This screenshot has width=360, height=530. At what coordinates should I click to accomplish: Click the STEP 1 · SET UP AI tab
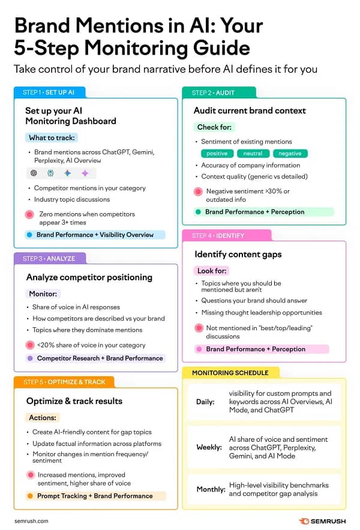tap(49, 92)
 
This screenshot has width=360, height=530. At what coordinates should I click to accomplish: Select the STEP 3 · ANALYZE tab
tap(49, 259)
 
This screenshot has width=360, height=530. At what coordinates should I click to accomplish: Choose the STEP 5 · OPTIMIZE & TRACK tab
tap(64, 382)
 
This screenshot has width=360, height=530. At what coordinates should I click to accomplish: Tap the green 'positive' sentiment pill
tap(217, 154)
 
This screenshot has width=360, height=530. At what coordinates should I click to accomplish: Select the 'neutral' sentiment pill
tap(253, 154)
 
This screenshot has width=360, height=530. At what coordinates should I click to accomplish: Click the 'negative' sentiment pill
tap(290, 154)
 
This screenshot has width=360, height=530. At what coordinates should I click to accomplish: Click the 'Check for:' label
tap(214, 127)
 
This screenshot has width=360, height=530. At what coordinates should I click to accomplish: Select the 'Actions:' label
tap(43, 418)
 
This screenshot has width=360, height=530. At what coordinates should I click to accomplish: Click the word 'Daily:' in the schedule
tap(205, 402)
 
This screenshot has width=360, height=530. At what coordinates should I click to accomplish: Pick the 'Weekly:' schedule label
tap(209, 447)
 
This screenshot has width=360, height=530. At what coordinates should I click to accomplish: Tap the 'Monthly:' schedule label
tap(211, 489)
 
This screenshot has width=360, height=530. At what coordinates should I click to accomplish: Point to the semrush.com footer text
tap(31, 521)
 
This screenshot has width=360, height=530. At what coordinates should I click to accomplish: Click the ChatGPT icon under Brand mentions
tap(34, 173)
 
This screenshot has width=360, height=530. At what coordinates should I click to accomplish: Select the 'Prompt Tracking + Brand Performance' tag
tap(95, 496)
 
